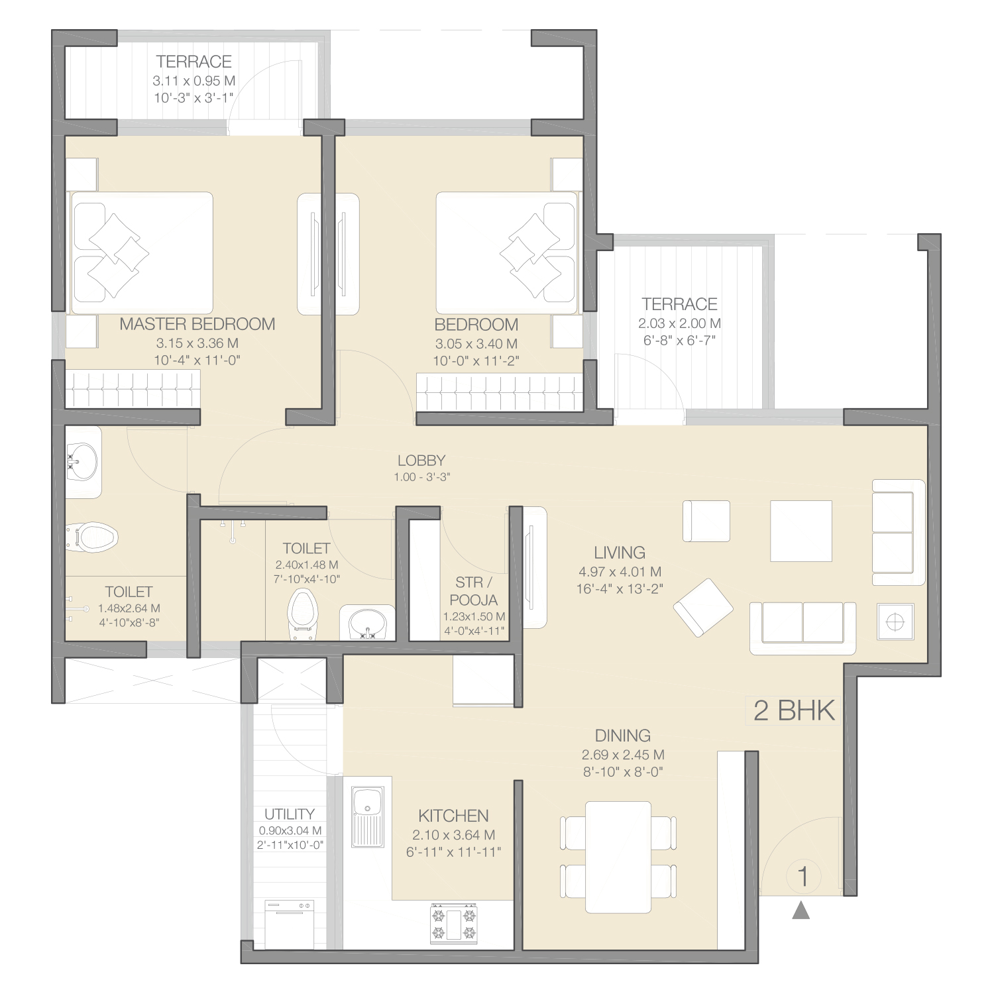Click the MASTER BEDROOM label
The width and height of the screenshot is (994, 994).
pos(197,324)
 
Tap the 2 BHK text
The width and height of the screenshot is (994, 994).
pos(794,710)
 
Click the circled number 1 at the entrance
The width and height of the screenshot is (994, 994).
pos(803,876)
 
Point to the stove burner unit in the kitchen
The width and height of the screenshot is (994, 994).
pos(454,923)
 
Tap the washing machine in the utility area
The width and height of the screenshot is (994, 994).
pos(290,924)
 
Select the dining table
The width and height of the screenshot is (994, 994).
pos(618,857)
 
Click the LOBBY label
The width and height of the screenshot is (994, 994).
pos(421,461)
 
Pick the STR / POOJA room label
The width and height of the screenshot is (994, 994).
pos(474,591)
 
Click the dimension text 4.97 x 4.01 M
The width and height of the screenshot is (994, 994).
pos(620,572)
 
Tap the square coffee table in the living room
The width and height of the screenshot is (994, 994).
pos(801,531)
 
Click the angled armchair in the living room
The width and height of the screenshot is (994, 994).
pos(703,607)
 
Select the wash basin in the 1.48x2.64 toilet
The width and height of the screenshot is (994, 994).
pos(82,462)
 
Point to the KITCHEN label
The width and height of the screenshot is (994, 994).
pos(454,816)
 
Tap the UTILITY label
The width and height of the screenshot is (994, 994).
pos(290,814)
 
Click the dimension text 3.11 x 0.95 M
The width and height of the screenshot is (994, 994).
pos(194,81)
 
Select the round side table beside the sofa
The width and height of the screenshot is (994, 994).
pos(895,622)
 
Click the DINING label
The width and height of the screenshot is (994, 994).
pos(623,736)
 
